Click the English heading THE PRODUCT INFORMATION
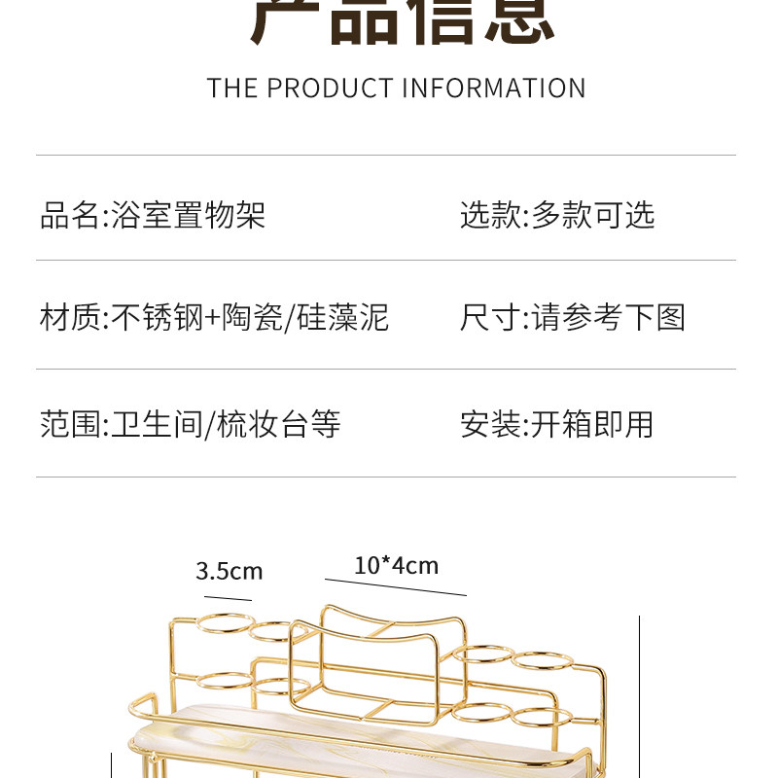(x=396, y=88)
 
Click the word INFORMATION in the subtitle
(x=494, y=88)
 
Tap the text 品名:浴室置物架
(x=153, y=215)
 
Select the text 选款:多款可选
(x=557, y=215)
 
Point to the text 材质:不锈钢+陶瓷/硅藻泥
(x=214, y=317)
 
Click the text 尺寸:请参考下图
(x=573, y=317)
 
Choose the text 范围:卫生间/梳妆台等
(x=191, y=424)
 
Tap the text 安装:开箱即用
(x=557, y=424)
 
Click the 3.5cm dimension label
(x=230, y=571)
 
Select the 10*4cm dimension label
(x=396, y=565)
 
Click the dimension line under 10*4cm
(x=396, y=587)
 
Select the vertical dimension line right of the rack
(x=640, y=695)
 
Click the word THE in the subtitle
(x=231, y=88)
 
